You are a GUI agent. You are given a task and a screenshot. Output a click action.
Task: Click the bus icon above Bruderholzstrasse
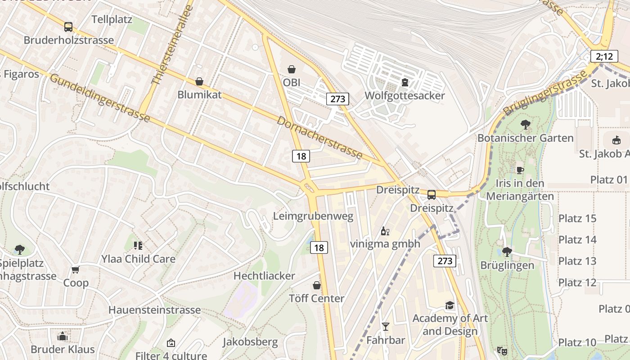click(x=68, y=27)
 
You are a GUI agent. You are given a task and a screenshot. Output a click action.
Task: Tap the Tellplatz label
click(x=112, y=19)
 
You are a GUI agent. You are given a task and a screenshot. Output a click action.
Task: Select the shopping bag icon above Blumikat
click(x=199, y=81)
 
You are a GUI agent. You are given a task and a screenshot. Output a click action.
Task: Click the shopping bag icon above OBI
click(x=292, y=69)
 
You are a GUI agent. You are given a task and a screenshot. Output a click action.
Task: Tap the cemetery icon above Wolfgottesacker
click(x=405, y=82)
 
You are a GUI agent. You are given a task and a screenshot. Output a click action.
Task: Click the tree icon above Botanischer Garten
click(x=525, y=124)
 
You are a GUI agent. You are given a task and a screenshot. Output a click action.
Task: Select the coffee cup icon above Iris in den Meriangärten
click(x=520, y=170)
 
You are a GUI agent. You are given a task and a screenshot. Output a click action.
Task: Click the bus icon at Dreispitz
click(x=431, y=195)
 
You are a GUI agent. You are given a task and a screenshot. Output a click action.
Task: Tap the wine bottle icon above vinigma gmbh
click(x=385, y=231)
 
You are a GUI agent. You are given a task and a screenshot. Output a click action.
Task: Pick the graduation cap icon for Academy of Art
click(x=450, y=305)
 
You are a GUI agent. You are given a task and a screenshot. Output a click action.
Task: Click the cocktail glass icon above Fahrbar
click(x=385, y=326)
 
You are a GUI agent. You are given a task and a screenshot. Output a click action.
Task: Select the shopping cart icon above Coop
click(x=76, y=270)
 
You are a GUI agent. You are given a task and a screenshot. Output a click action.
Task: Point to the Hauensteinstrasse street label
click(x=154, y=310)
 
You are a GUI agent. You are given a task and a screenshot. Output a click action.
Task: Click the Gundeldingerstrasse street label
click(x=99, y=98)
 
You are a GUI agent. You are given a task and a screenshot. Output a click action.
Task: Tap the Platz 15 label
click(x=577, y=219)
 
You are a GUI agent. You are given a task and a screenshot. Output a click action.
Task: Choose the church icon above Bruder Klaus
click(x=63, y=336)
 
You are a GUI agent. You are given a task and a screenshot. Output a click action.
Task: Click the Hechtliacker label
click(x=264, y=276)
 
